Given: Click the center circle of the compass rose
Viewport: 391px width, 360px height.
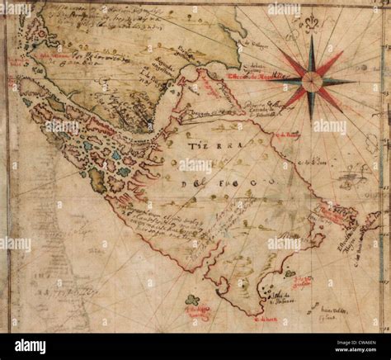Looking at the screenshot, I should tap(312, 80).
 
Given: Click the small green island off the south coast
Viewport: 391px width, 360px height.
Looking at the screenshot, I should tap(191, 300).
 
